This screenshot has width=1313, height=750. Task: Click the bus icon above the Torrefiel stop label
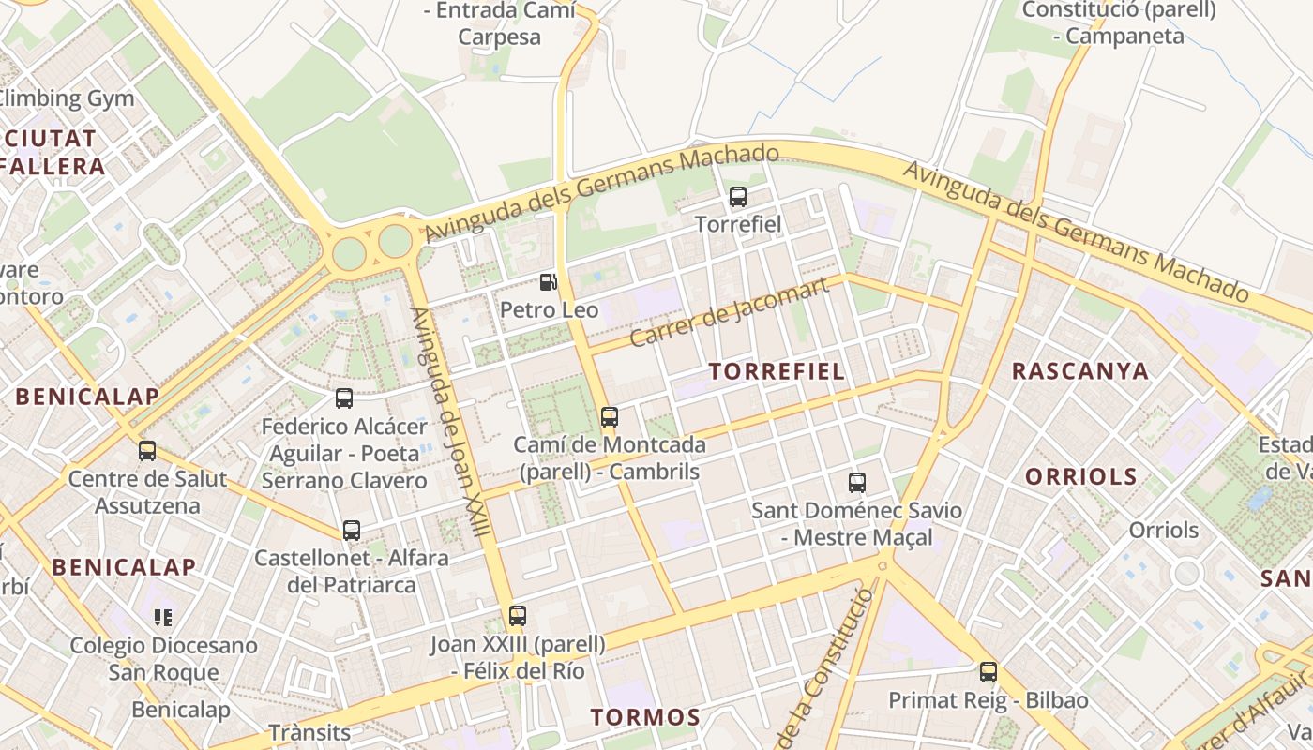click(738, 197)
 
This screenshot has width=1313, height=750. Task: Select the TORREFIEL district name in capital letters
click(777, 371)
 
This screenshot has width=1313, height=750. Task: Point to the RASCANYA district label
click(1080, 371)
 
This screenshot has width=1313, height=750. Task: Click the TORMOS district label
click(645, 718)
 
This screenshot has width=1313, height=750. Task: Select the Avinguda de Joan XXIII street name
click(450, 422)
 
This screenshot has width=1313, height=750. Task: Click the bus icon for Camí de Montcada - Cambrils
click(610, 417)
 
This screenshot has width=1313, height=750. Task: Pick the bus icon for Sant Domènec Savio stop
click(857, 483)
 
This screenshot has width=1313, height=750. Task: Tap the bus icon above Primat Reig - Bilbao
click(989, 672)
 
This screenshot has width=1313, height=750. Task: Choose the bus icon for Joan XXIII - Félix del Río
click(518, 616)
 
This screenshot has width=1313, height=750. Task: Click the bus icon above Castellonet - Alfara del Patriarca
click(352, 531)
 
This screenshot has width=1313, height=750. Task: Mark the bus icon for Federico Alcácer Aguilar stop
click(344, 398)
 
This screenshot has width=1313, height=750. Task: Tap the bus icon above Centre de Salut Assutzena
click(147, 451)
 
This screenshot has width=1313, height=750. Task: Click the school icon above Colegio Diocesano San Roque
click(164, 618)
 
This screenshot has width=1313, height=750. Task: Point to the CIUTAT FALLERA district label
click(53, 153)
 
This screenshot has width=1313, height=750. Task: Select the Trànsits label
click(309, 732)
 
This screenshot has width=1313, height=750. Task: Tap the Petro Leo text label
click(549, 308)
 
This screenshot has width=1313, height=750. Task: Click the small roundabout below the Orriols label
click(1186, 572)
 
